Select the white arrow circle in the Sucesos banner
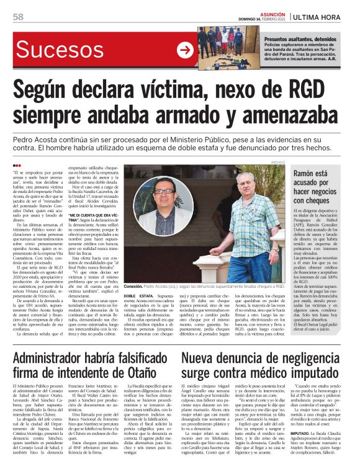[x=184, y=50]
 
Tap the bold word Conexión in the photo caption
[x=133, y=287]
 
